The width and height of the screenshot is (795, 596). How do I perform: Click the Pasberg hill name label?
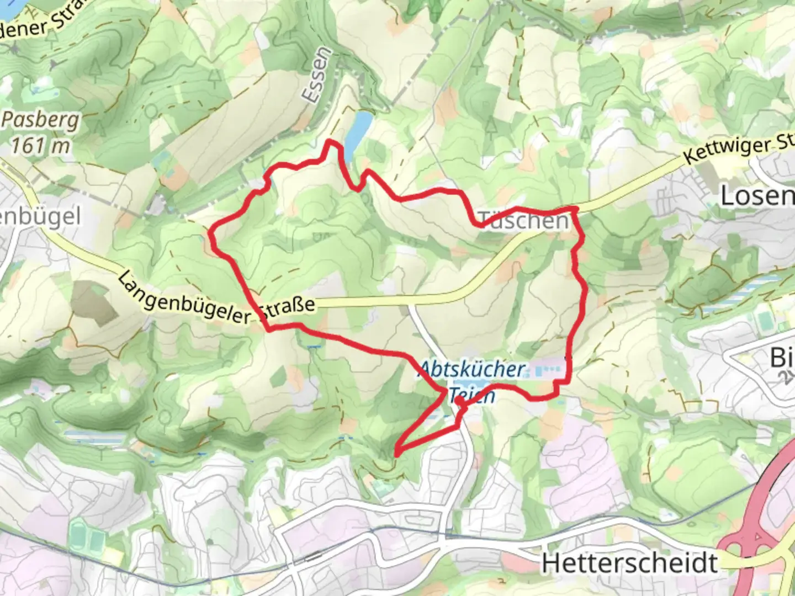pos(41,120)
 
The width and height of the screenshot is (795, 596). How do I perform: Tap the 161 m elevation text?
pos(41,146)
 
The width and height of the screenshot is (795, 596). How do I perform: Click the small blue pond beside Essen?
pos(357,130)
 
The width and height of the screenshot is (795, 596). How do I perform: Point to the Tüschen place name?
pos(523,221)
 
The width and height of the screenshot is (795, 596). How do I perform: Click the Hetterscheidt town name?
pos(629,563)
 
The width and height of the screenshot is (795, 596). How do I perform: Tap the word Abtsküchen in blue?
pos(473,369)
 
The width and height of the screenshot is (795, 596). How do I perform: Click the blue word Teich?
pos(472,395)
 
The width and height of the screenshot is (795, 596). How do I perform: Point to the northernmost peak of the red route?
pos(331,142)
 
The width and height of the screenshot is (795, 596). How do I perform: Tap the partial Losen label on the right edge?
pos(757,196)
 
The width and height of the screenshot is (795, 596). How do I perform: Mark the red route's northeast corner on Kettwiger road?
pos(575,209)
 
